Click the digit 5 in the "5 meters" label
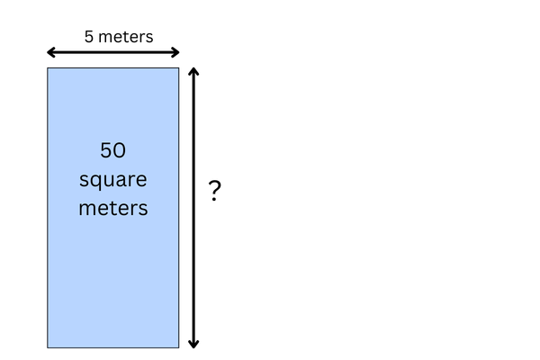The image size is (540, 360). click(89, 37)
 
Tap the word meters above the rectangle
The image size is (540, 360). click(126, 37)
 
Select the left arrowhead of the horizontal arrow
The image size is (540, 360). click(51, 52)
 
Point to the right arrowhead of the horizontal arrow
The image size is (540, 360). click(175, 52)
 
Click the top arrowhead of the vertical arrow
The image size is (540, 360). click(193, 72)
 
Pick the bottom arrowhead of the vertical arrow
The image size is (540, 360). click(193, 344)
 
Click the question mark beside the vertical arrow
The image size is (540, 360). click(214, 191)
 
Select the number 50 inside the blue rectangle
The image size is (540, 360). click(113, 150)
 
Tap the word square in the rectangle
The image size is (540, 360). click(113, 180)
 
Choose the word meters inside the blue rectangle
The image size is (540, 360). click(113, 208)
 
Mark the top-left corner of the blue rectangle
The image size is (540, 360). click(48, 68)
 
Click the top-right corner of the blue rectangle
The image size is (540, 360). click(179, 68)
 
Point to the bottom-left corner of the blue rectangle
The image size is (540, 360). click(48, 347)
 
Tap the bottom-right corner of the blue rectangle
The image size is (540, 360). click(179, 347)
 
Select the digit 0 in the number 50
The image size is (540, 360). click(120, 150)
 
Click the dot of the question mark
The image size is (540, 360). click(214, 200)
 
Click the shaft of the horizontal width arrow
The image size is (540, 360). click(113, 52)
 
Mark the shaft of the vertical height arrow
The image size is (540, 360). click(193, 208)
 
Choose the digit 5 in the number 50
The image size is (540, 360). click(106, 150)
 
